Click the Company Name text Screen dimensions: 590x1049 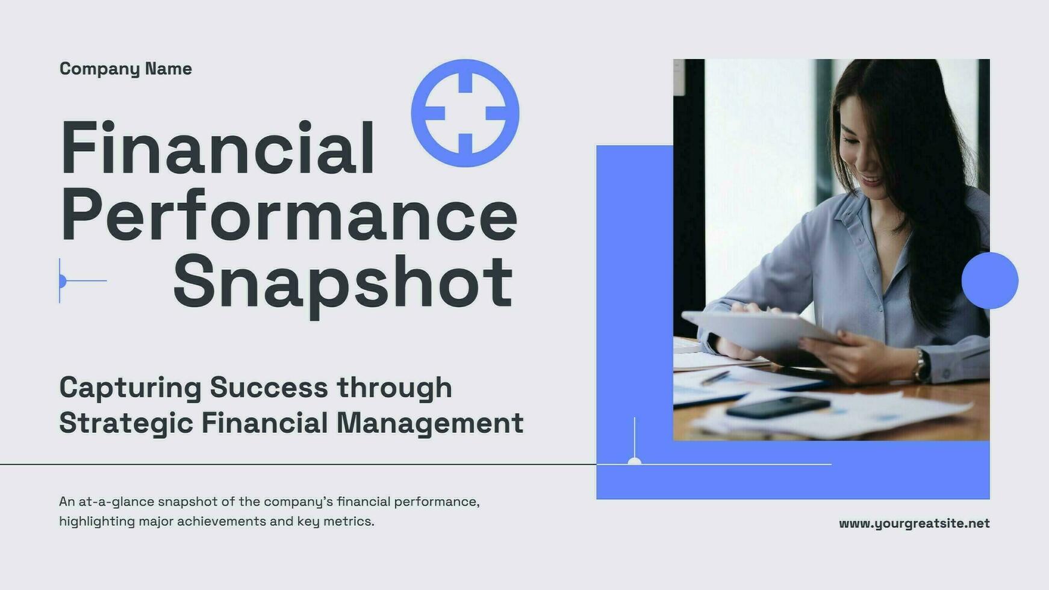[125, 69]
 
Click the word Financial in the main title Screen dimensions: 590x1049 [217, 148]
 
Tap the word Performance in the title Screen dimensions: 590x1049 [289, 216]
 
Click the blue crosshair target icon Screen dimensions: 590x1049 [465, 113]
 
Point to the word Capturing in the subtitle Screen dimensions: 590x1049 [130, 388]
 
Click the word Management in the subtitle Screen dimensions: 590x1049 [429, 423]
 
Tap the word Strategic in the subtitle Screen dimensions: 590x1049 [126, 423]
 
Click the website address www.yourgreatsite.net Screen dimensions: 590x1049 [914, 523]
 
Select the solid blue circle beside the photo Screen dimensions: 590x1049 [989, 281]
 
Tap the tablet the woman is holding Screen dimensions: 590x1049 [759, 330]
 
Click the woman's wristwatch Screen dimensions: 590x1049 [922, 365]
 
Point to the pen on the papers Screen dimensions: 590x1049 [715, 378]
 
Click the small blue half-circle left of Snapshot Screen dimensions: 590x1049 [62, 281]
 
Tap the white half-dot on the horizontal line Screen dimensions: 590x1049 [634, 461]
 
